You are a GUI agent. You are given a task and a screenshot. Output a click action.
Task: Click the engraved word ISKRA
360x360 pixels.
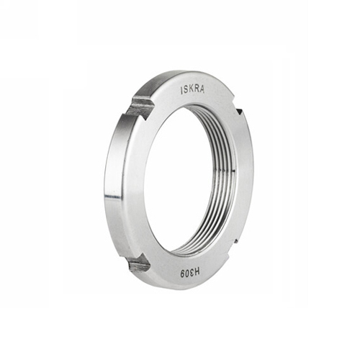pos(192,90)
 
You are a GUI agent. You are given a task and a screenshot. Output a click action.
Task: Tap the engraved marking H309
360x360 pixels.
pos(191,273)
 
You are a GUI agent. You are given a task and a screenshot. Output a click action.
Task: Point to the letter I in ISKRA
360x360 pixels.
pos(181,91)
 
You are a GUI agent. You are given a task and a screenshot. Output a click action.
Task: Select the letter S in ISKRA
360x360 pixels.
pos(186,90)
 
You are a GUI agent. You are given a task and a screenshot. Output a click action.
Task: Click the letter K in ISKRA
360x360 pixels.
pos(192,90)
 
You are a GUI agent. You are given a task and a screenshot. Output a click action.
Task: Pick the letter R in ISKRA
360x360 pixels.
pos(197,89)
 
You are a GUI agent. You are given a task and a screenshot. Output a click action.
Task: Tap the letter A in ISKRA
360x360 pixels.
pos(202,89)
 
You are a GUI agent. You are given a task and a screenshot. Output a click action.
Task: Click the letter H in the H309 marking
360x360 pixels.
pos(197,273)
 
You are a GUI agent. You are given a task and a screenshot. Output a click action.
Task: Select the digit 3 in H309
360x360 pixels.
pos(192,273)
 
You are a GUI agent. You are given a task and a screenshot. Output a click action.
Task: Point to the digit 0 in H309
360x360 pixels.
pos(187,273)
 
